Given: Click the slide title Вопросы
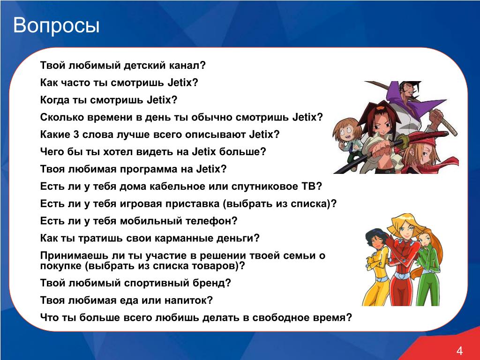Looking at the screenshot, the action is click(56, 26).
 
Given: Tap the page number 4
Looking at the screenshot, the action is click(459, 351).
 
